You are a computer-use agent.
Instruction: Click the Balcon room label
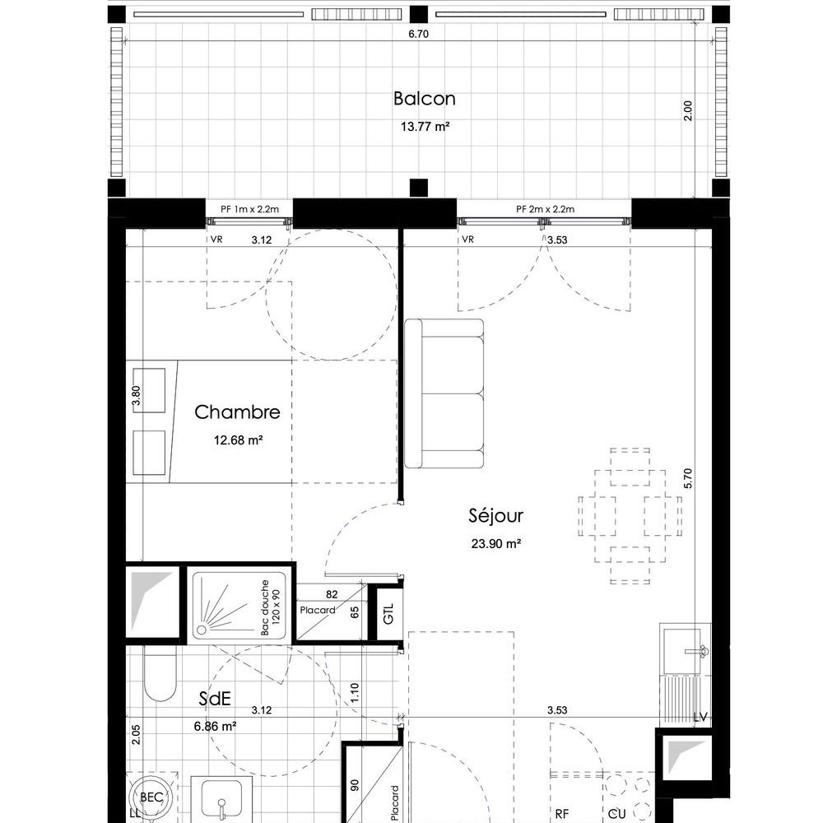click(x=424, y=99)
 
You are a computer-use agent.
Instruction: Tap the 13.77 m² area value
click(x=425, y=127)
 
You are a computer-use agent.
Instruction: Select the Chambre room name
click(x=237, y=412)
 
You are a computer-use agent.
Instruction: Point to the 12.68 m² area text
click(x=238, y=439)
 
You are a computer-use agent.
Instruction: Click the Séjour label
click(x=495, y=515)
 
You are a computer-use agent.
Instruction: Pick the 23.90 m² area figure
click(x=495, y=543)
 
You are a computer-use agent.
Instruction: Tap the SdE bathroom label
click(x=215, y=699)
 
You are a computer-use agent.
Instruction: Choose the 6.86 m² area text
click(x=215, y=727)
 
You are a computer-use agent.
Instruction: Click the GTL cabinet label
click(x=388, y=613)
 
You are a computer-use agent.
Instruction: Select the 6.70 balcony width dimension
click(x=418, y=34)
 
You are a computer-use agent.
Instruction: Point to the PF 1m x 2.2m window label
click(x=249, y=209)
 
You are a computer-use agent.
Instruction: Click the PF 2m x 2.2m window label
click(x=545, y=209)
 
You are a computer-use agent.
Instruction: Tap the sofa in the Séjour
click(x=444, y=393)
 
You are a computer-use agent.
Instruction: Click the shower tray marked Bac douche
click(x=239, y=605)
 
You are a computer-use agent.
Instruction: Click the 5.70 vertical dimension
click(x=688, y=478)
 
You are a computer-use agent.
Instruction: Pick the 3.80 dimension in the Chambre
click(x=136, y=395)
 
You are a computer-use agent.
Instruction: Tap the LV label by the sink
click(x=700, y=717)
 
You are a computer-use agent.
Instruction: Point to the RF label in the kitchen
click(x=561, y=814)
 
